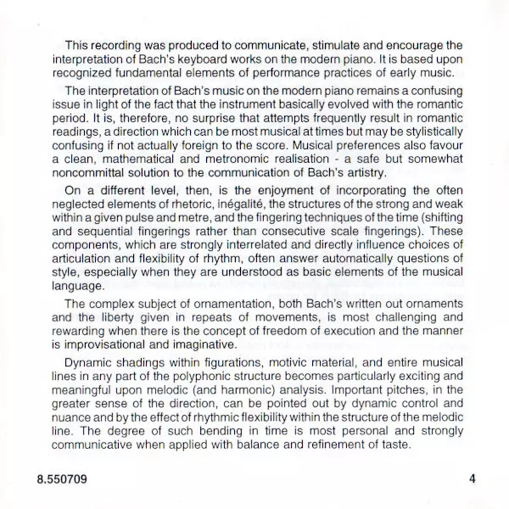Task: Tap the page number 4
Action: pos(472,478)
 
